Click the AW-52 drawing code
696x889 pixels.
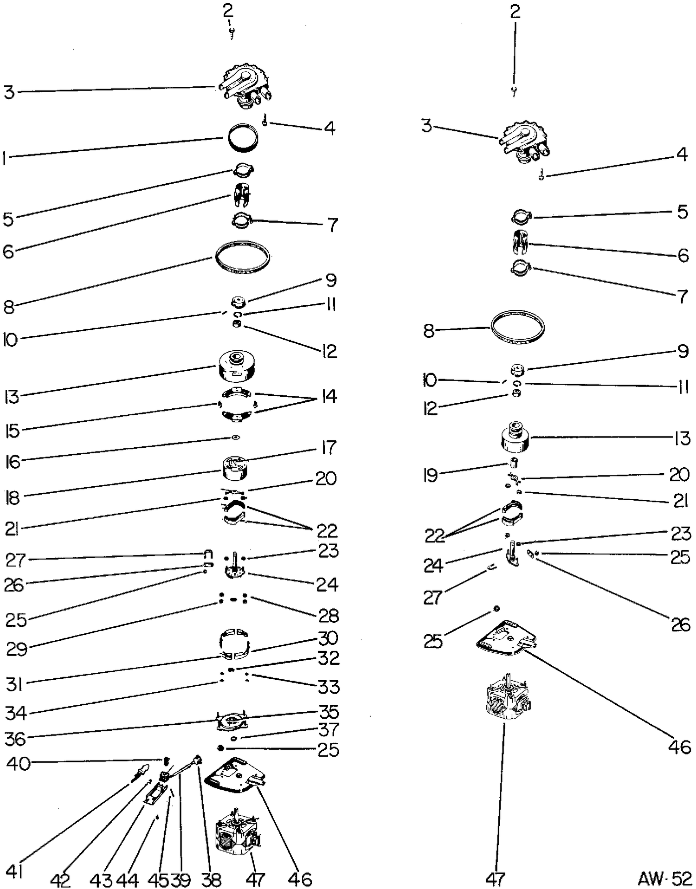[x=664, y=878]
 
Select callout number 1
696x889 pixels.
[x=5, y=159]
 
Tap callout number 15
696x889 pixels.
[x=12, y=431]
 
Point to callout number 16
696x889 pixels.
[x=13, y=462]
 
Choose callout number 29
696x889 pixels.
[x=17, y=649]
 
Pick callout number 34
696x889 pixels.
[x=16, y=713]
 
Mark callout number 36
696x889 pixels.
[x=15, y=739]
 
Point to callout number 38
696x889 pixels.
[x=212, y=880]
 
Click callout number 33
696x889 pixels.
[x=329, y=686]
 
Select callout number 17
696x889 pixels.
[x=328, y=448]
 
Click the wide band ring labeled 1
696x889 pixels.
[x=243, y=137]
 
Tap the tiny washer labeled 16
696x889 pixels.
[x=236, y=438]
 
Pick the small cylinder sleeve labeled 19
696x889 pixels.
[x=514, y=463]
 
